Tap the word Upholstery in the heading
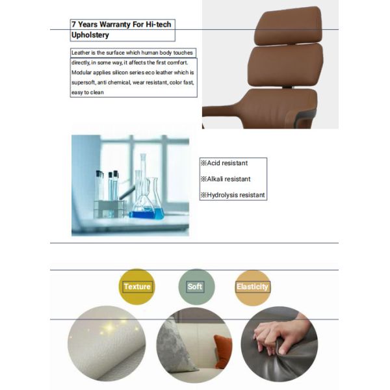(x=90, y=35)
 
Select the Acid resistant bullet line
(x=224, y=163)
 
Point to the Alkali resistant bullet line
(x=226, y=179)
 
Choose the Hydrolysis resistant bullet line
(x=233, y=195)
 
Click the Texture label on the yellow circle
(x=137, y=287)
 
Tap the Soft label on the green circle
(x=195, y=287)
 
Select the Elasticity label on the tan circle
(x=252, y=287)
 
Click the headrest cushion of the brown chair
(x=289, y=25)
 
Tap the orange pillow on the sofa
(x=222, y=351)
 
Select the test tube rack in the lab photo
(x=109, y=209)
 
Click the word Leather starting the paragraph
(x=81, y=53)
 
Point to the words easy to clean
(x=88, y=92)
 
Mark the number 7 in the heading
(x=74, y=25)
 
